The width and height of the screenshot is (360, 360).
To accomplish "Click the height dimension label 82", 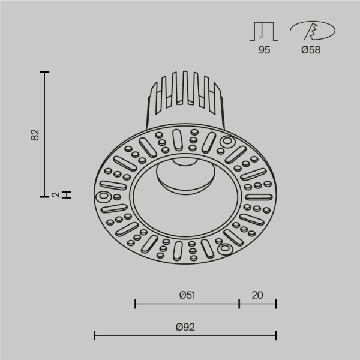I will point(35,135).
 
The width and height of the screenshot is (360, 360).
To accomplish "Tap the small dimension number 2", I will point(55,194).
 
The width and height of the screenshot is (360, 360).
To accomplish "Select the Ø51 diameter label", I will point(187,295).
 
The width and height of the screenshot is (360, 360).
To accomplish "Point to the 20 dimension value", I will point(257,295).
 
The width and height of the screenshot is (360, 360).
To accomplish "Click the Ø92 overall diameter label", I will point(185,326).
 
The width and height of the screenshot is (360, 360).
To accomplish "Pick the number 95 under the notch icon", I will point(264,50).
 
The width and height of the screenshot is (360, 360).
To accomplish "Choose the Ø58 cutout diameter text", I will point(310,50).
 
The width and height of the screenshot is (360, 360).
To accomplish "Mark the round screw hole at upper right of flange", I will point(227,142).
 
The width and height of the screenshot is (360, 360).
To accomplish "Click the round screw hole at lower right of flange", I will point(225,247).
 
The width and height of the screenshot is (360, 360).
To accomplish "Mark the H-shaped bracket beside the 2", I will point(67,194).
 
